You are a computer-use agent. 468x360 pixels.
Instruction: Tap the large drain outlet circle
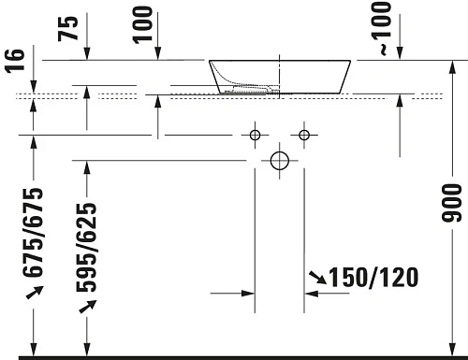279,160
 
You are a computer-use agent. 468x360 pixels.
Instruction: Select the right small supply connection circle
304,135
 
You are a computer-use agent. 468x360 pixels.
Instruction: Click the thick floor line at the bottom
234,356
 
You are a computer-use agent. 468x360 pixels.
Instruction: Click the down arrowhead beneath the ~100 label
400,55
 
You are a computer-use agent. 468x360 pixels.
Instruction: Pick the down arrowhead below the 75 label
87,55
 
